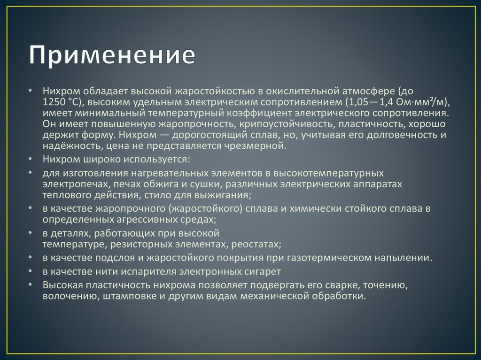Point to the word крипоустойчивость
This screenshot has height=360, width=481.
(288, 124)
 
